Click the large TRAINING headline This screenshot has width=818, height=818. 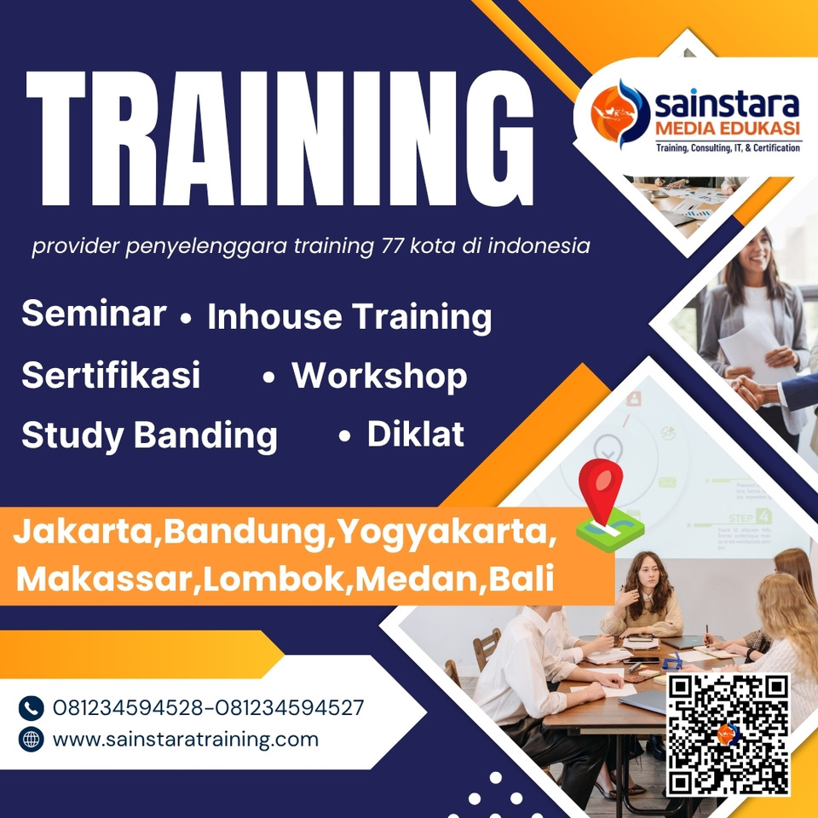[x=280, y=139]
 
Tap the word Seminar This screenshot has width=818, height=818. [x=94, y=314]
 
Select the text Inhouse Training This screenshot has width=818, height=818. [x=349, y=317]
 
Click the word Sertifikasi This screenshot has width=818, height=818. [x=111, y=376]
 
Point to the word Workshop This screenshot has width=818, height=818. [x=379, y=376]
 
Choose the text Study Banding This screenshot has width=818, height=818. [x=149, y=435]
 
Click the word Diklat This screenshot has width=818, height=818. [x=415, y=435]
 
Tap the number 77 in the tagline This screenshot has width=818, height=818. [x=388, y=247]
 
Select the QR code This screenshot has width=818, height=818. [x=728, y=734]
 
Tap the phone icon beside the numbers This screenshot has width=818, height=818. [x=32, y=707]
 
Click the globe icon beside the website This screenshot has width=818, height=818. [x=32, y=739]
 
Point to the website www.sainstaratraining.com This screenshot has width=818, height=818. [x=186, y=739]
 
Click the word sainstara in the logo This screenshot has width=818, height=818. [x=727, y=106]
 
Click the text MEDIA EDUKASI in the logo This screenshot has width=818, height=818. [x=727, y=130]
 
